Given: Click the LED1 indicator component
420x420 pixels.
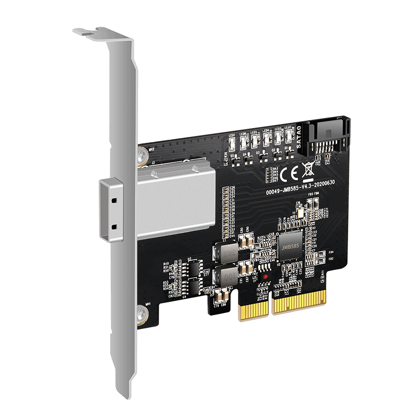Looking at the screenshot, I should point(232,143).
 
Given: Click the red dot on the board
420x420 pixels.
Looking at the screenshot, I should point(266,276).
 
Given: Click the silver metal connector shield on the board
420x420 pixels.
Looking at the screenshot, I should point(176,202).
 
